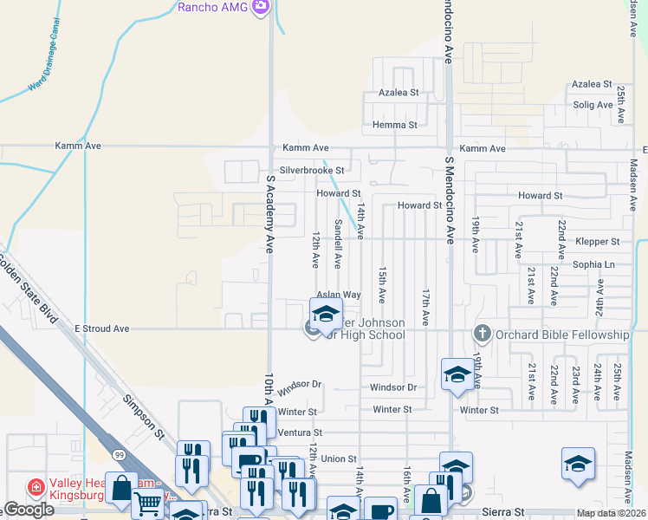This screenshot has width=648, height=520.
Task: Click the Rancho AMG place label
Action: click(x=213, y=8)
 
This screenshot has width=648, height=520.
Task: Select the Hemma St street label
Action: click(x=394, y=125)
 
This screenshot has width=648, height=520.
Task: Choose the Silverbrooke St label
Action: click(x=312, y=171)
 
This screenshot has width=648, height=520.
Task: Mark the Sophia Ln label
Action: click(x=593, y=263)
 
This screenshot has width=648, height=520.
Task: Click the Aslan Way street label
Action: click(x=338, y=295)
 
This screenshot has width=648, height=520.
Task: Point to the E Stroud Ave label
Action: click(x=101, y=329)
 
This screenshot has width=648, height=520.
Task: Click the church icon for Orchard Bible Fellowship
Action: click(x=482, y=334)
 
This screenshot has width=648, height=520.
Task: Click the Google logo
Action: click(x=29, y=510)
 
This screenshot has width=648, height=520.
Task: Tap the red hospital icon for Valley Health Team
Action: click(x=36, y=486)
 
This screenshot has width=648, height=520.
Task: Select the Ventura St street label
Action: click(x=300, y=432)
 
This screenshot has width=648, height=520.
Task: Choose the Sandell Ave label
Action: click(x=338, y=244)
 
